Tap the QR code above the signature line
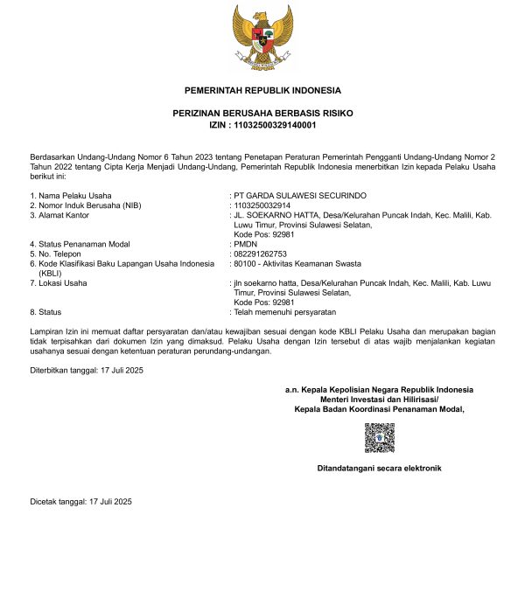(x=380, y=437)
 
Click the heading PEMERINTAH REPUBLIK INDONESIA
(x=262, y=91)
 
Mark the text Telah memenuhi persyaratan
(x=283, y=312)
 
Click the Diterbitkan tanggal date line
(x=86, y=371)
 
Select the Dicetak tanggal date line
(x=80, y=501)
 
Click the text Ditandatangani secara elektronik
(x=379, y=469)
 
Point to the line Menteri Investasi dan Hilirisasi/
(x=379, y=399)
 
